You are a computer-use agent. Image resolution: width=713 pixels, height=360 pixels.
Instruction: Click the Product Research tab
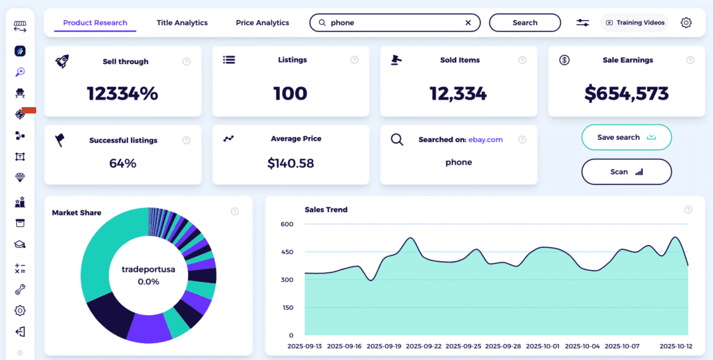95,23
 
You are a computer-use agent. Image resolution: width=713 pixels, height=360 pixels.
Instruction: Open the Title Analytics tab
182,23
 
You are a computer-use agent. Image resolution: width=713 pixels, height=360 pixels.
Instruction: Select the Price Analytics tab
263,23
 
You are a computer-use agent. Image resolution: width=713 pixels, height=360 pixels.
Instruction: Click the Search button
524,23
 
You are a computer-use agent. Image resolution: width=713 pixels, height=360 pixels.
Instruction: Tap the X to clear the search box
469,23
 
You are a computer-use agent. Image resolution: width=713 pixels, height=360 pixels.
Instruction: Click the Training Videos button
634,23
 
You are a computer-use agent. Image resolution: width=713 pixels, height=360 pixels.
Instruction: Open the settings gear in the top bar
686,23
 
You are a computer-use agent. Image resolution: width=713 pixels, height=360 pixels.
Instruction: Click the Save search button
626,137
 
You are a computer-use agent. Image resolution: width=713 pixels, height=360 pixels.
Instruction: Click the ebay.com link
485,140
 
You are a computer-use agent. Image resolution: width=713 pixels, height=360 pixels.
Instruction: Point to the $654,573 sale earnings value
627,93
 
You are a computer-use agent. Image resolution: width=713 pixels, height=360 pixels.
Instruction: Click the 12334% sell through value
123,93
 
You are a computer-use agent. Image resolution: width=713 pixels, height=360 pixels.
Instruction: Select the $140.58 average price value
291,164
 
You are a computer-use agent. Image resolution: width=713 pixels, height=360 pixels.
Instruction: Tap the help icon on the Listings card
355,61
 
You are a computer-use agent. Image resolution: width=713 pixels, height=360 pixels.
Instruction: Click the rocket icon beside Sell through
62,61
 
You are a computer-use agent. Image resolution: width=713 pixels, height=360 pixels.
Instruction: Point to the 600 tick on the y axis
287,224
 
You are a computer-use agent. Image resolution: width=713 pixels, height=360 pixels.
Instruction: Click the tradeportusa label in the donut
148,269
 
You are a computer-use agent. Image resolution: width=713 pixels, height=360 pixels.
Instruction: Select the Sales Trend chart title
326,210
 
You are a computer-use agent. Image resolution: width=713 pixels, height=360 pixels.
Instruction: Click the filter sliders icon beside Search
583,23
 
